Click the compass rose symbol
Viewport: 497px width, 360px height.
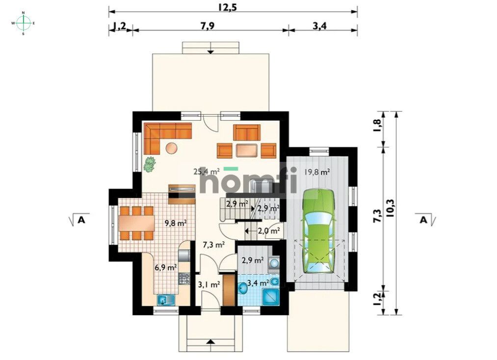click(23, 23)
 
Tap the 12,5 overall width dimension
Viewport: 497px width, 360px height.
click(227, 7)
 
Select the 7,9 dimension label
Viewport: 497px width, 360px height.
click(208, 26)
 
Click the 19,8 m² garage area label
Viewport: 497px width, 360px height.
click(316, 172)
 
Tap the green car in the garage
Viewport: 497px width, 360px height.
click(318, 231)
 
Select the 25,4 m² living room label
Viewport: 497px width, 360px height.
click(207, 172)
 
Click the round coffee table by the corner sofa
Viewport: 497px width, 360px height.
click(171, 148)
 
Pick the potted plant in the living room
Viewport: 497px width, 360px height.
click(149, 164)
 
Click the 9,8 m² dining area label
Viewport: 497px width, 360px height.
click(175, 223)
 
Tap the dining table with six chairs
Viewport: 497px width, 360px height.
click(136, 223)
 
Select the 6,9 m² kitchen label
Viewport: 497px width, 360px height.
click(165, 267)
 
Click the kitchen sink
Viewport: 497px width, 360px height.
click(166, 300)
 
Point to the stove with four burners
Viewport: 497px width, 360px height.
click(184, 278)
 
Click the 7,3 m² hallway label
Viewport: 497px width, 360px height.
click(214, 244)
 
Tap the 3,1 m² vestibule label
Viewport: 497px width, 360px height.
click(209, 284)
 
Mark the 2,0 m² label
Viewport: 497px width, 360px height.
click(268, 231)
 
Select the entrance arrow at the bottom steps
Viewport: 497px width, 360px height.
click(210, 342)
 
